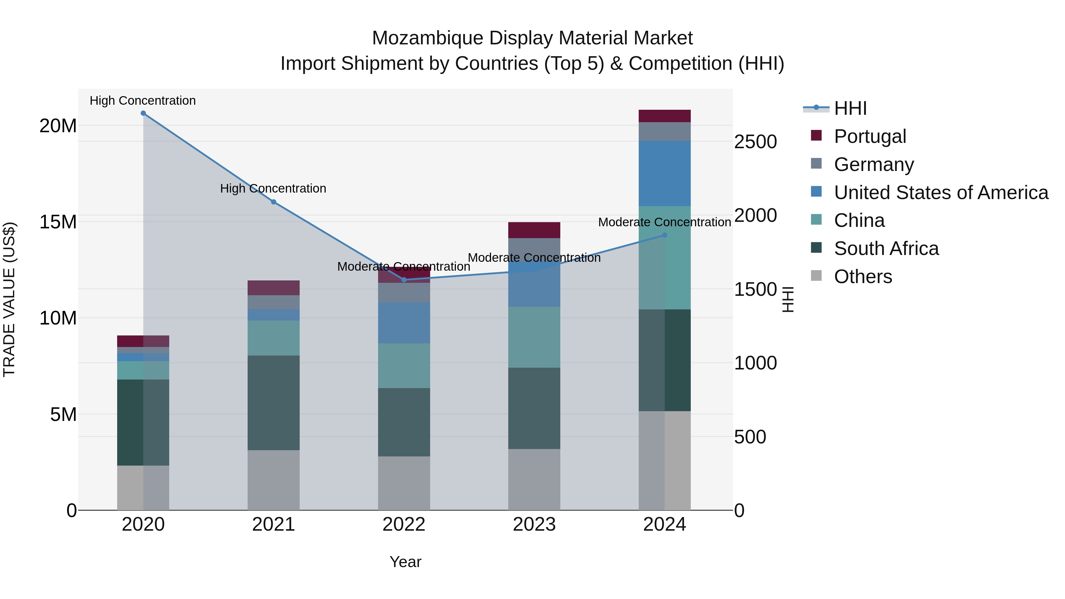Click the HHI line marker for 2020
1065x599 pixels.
[x=143, y=113]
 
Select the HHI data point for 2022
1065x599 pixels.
[x=404, y=280]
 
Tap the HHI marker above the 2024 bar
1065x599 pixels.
[x=664, y=235]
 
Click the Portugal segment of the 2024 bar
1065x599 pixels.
[x=664, y=116]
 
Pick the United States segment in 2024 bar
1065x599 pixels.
[x=664, y=174]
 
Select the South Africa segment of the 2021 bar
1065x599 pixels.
[x=273, y=403]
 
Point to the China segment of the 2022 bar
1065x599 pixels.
[x=404, y=366]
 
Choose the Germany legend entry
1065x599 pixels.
[x=874, y=164]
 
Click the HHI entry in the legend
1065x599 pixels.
[x=850, y=108]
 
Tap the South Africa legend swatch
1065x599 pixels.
[x=816, y=248]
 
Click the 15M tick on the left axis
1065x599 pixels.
[x=58, y=222]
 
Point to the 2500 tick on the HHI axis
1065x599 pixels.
[x=755, y=142]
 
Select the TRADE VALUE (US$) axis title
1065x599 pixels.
[x=9, y=299]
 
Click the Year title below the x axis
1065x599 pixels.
[x=405, y=562]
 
